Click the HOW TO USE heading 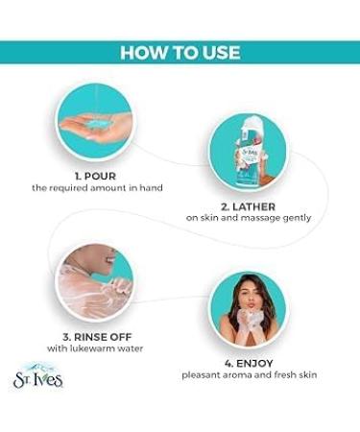(180, 52)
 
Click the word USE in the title (217, 52)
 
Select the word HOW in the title (141, 52)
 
